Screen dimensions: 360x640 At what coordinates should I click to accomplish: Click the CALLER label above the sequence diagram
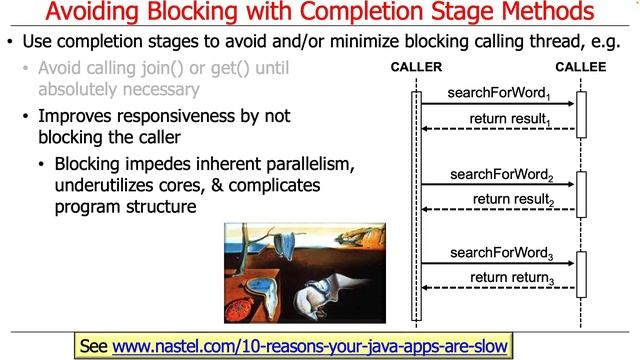pos(416,67)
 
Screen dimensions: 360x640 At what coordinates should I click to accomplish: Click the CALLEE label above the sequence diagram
pos(581,67)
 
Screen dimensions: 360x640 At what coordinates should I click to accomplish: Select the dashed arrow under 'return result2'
pos(497,209)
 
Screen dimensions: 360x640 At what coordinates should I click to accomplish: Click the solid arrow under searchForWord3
pos(497,264)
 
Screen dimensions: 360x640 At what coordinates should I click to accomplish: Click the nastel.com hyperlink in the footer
pos(311,346)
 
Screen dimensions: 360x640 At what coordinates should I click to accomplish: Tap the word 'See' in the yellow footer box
pos(93,346)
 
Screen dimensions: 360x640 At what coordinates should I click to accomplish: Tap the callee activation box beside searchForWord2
pos(581,188)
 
